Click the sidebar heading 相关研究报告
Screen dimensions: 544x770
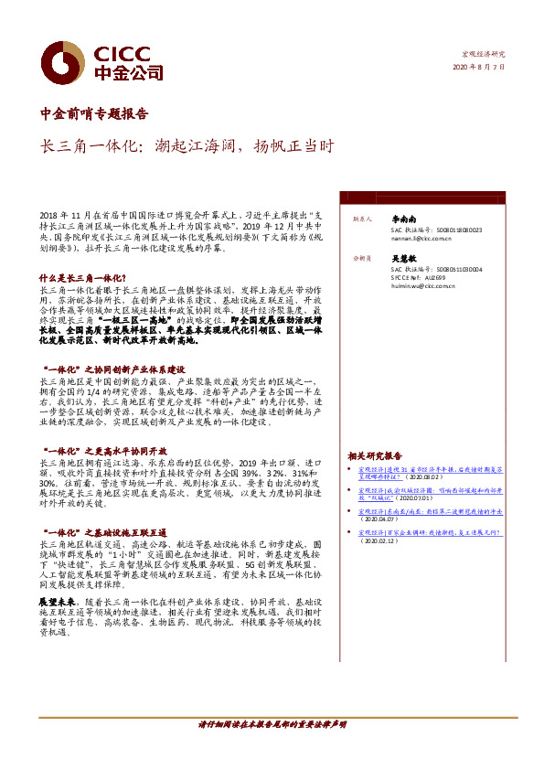375,455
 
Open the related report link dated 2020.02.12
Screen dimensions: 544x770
430,535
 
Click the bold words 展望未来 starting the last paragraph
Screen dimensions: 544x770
54,605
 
